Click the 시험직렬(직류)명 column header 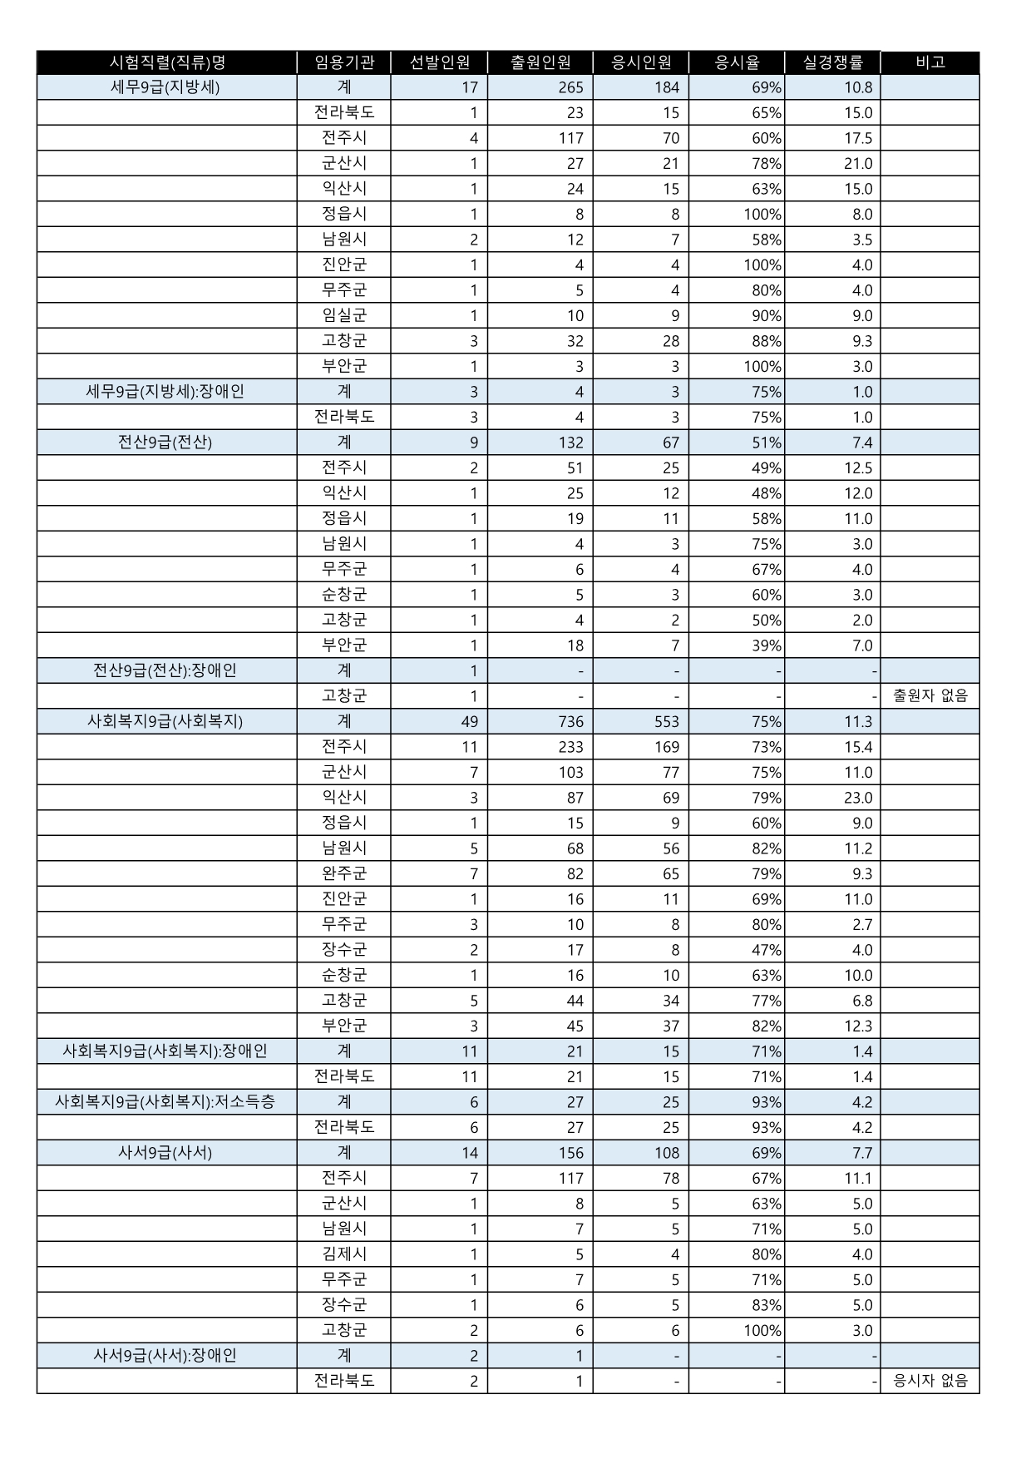[167, 62]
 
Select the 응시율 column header [737, 62]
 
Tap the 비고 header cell [930, 62]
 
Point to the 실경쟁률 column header [832, 62]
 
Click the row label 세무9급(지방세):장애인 [165, 392]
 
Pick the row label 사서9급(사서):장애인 [165, 1356]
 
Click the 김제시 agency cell [344, 1254]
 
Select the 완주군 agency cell [344, 873]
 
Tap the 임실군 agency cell [344, 315]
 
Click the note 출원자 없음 [930, 696]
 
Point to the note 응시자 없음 [930, 1382]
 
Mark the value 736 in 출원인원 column [571, 722]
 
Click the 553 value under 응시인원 [667, 722]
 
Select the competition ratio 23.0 [858, 798]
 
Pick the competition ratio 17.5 [858, 138]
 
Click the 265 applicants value [571, 87]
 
